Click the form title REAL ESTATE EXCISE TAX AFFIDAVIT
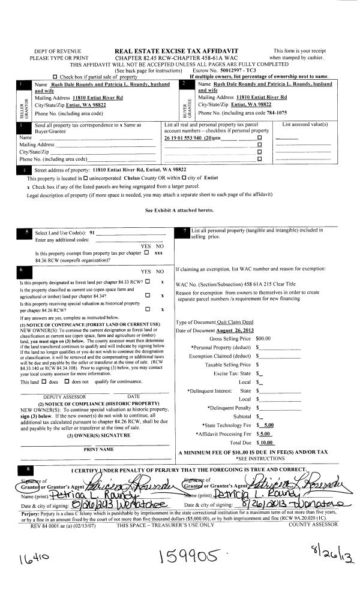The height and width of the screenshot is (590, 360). click(176, 51)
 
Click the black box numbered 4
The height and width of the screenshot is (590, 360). click(22, 171)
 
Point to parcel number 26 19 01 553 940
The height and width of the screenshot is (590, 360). click(187, 138)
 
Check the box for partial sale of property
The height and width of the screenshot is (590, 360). click(55, 77)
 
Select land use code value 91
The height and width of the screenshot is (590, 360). click(92, 233)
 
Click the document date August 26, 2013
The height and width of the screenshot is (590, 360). click(236, 330)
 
